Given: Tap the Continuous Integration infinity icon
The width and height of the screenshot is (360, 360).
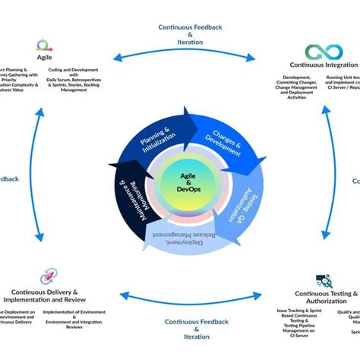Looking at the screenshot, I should [324, 52].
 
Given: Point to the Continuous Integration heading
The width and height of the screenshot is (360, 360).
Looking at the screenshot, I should [323, 66].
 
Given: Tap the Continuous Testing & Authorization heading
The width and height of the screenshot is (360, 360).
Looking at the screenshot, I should [325, 297].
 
